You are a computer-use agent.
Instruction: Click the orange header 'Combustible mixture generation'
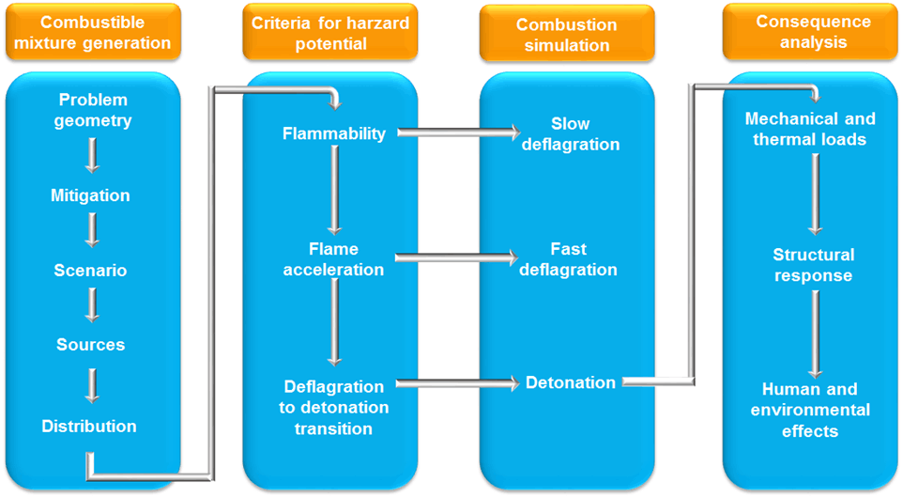(93, 32)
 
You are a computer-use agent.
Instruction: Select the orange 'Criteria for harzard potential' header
(330, 32)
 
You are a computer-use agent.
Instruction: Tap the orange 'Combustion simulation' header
(567, 34)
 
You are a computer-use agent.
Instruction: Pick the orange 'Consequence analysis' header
(810, 32)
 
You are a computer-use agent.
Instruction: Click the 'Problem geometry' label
(93, 110)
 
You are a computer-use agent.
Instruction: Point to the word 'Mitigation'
(90, 195)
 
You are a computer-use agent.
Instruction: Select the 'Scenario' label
(90, 271)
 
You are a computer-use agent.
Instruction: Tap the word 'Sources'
(90, 345)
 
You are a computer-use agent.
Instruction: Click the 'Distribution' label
(89, 426)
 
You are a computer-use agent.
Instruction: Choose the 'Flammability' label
(334, 133)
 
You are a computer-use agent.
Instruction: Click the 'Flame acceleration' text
(333, 259)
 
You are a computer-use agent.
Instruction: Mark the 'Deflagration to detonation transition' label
(334, 408)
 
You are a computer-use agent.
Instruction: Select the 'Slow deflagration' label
(571, 133)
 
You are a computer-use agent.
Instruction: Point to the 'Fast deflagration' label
(569, 259)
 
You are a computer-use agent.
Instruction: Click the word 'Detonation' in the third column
(571, 382)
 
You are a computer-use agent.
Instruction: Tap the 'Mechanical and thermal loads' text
(810, 129)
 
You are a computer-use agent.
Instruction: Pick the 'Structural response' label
(813, 265)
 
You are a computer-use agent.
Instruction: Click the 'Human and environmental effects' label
(810, 410)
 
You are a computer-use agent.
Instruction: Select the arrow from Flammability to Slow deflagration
(459, 132)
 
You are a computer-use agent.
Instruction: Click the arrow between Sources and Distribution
(92, 385)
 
